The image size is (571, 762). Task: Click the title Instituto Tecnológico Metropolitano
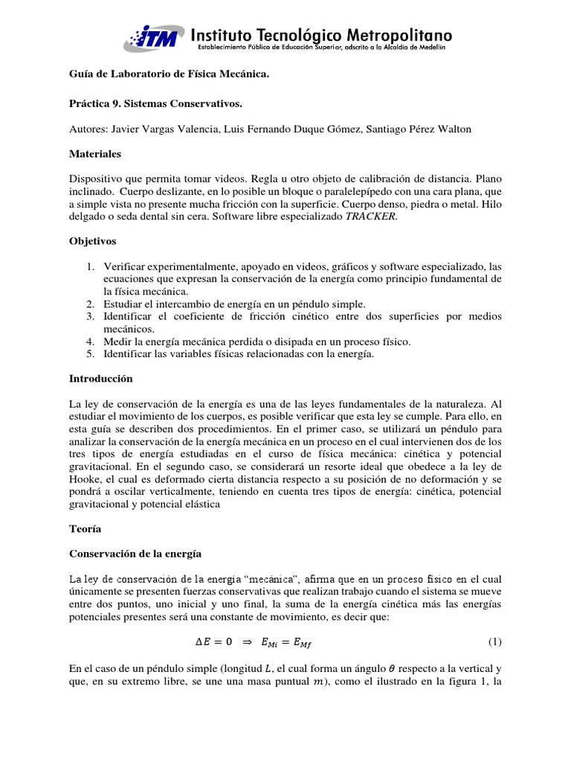(321, 34)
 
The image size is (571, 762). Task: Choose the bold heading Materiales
(94, 154)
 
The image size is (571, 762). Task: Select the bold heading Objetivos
(92, 241)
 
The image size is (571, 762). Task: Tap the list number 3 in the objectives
(89, 316)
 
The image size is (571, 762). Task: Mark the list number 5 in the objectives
(89, 353)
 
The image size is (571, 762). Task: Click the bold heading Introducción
(100, 379)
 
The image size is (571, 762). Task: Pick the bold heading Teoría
(86, 528)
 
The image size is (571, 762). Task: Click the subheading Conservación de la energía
(136, 554)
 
